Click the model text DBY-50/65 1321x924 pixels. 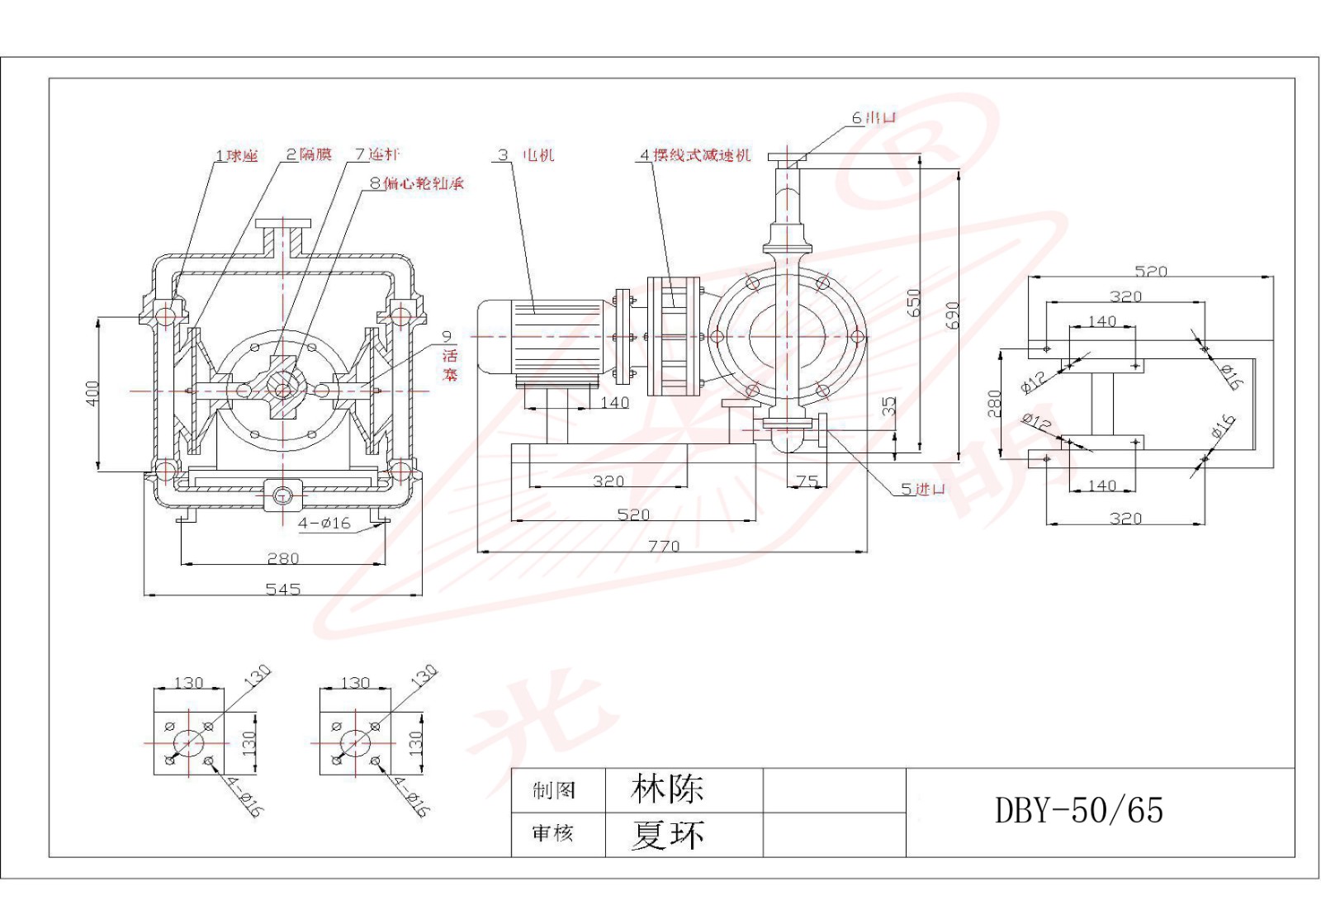pos(1078,810)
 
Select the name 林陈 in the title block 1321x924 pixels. pos(666,789)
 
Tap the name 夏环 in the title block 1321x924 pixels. pos(666,834)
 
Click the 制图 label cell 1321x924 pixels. pos(554,790)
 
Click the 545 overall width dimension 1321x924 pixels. pos(283,589)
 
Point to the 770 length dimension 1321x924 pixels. pos(664,545)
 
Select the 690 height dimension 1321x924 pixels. pos(954,315)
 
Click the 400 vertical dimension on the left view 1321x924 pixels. pos(92,392)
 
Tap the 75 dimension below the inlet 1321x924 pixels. pos(807,481)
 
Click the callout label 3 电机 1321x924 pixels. pos(527,154)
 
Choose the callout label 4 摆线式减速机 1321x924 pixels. pos(696,154)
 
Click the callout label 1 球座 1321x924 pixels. pos(237,155)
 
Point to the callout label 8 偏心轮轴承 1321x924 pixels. pos(417,182)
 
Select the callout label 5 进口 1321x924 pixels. pos(922,489)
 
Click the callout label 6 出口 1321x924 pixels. pos(874,117)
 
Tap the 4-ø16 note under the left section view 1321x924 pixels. pos(324,523)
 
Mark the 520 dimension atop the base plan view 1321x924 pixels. pos(1150,271)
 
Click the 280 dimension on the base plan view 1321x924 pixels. pos(995,404)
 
